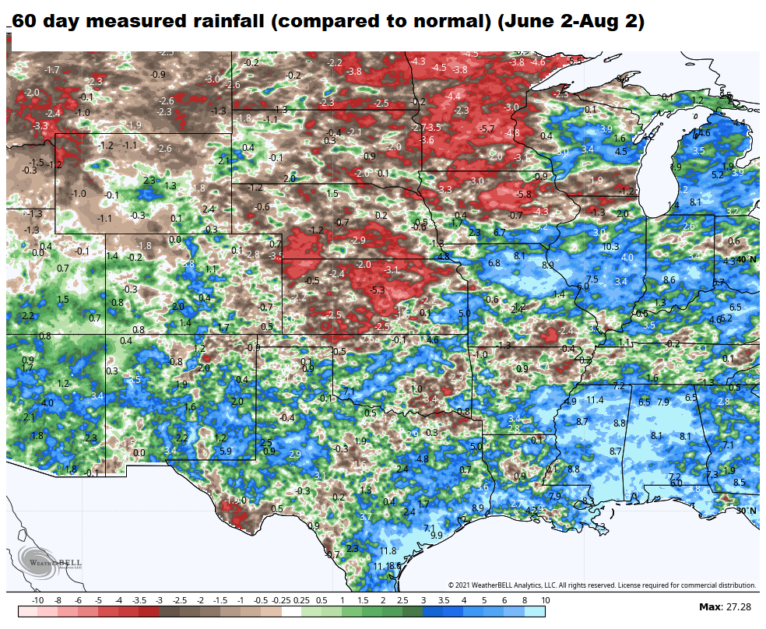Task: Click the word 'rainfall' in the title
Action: coord(234,22)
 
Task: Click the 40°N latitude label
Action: coord(745,259)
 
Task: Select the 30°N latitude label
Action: coord(746,511)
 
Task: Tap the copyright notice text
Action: coord(602,585)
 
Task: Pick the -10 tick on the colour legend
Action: coord(37,601)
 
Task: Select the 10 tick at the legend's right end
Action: coord(546,601)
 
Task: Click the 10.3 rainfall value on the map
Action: coord(610,247)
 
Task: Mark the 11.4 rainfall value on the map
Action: coord(595,400)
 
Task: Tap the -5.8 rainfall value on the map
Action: coord(524,194)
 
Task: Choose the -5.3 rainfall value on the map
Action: coord(378,290)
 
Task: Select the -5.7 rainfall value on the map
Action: coord(487,128)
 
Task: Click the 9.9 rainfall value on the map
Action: coord(436,535)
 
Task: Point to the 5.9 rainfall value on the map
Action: coord(226,451)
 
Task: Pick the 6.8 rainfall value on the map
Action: coord(494,263)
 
